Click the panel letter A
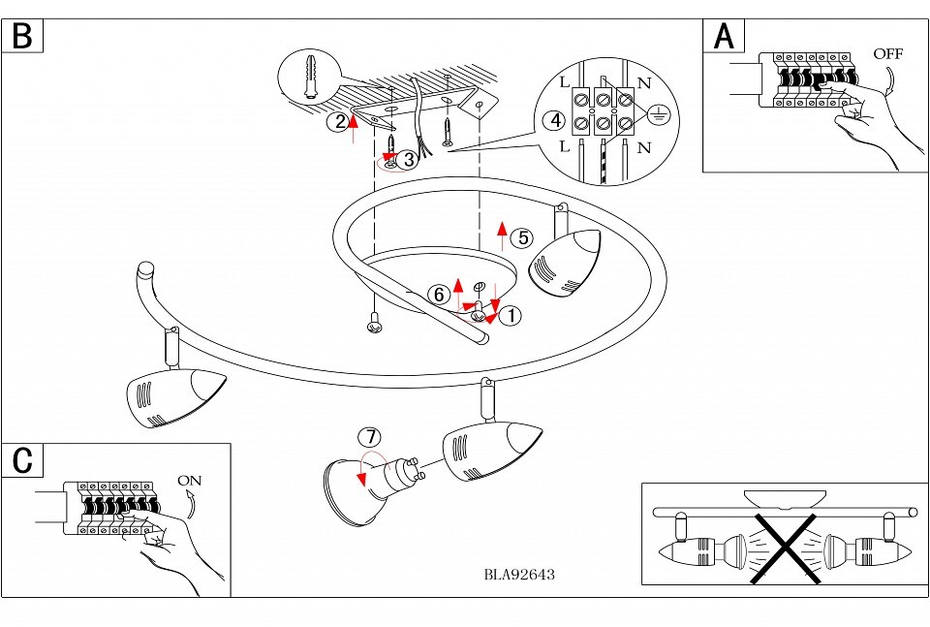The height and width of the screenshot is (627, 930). [724, 36]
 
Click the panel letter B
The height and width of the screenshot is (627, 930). [22, 36]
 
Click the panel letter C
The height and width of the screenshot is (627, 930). [22, 460]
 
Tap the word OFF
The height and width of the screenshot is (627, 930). [887, 54]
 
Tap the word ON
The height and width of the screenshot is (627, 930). [190, 481]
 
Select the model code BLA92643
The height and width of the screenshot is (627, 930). [519, 574]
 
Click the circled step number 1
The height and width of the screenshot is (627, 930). [511, 315]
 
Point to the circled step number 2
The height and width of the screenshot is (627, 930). [337, 121]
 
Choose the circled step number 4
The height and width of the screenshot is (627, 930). [553, 120]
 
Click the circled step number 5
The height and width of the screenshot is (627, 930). [521, 237]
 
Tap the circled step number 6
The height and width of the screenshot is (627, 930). [438, 294]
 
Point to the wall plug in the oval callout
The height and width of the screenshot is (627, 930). [310, 77]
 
